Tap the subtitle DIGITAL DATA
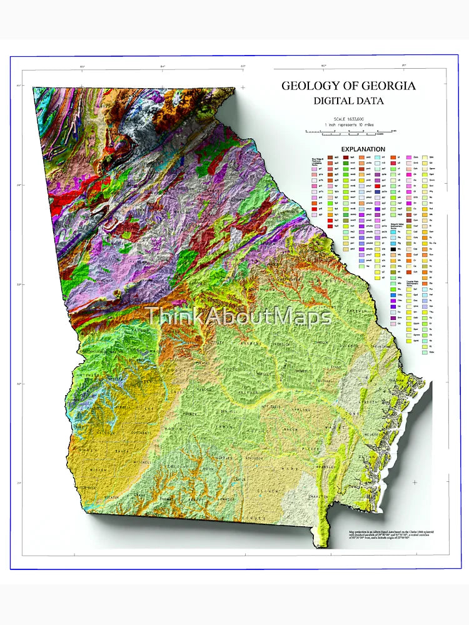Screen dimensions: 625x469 348,100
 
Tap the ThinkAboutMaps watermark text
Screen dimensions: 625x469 238,316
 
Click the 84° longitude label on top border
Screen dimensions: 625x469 163,66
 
